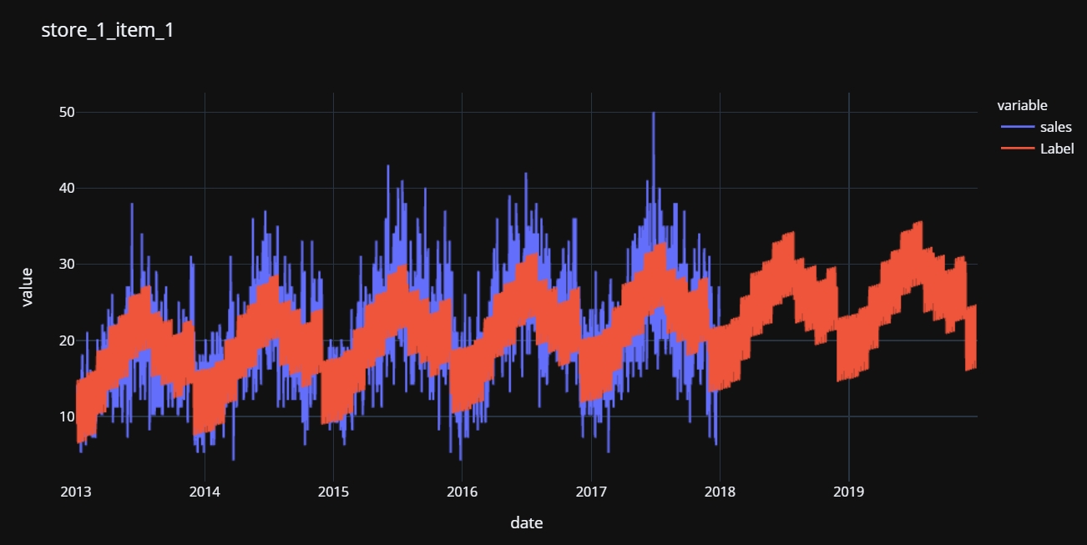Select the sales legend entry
click(x=1055, y=128)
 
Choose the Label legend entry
click(x=1056, y=149)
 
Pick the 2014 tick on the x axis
click(x=205, y=491)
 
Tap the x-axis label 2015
click(x=333, y=491)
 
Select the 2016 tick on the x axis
click(x=462, y=491)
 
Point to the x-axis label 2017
click(x=591, y=491)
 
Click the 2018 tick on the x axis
click(x=720, y=491)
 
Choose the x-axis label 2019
click(x=848, y=491)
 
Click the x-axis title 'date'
click(x=527, y=523)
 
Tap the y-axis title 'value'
click(x=28, y=287)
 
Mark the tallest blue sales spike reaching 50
click(x=653, y=114)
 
